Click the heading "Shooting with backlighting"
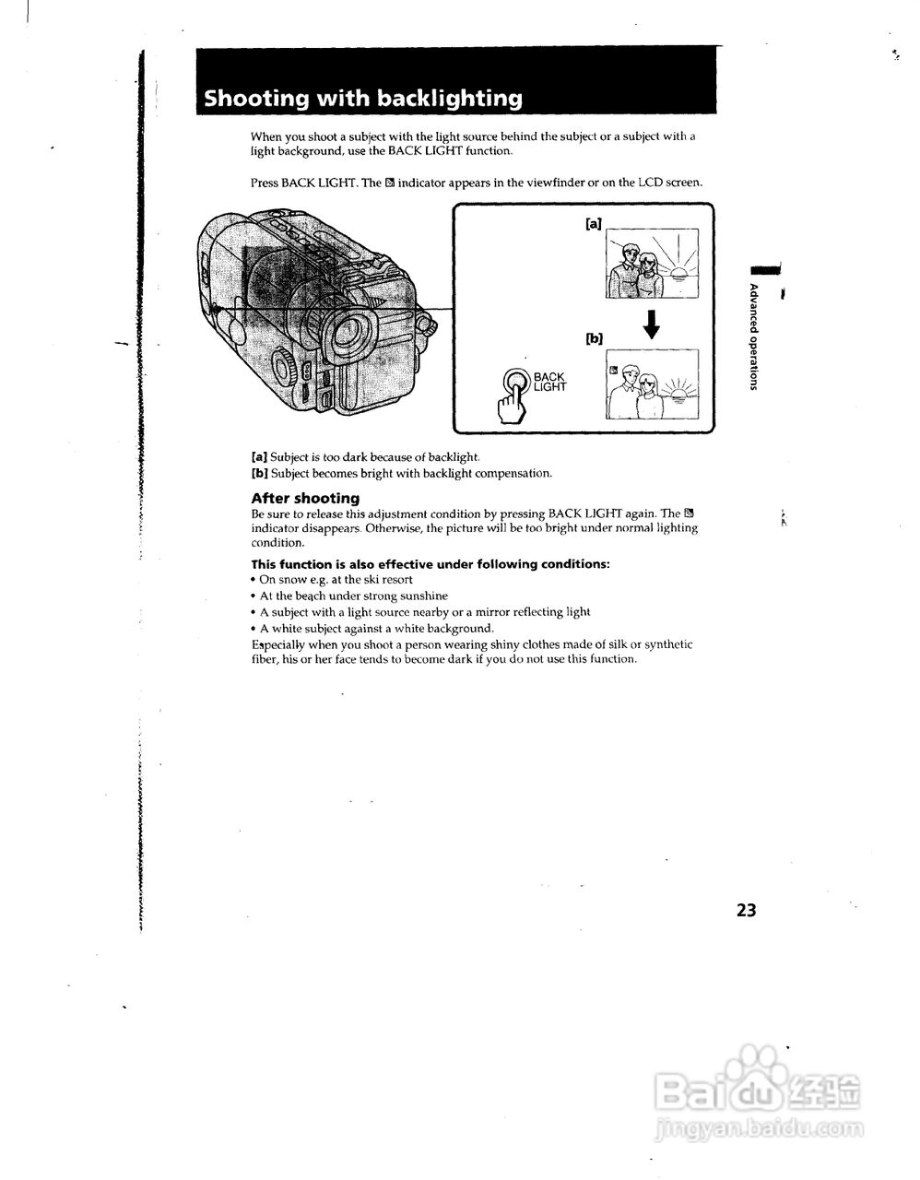click(362, 99)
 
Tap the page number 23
click(746, 910)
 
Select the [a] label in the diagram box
click(594, 223)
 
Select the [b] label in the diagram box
click(594, 338)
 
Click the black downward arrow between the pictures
click(652, 324)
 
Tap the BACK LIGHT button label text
click(549, 382)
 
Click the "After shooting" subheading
click(305, 498)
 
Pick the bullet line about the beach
click(353, 596)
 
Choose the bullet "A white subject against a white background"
click(376, 628)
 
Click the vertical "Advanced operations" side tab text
click(754, 336)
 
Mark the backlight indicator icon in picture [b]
click(613, 369)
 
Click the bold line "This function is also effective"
click(431, 564)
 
